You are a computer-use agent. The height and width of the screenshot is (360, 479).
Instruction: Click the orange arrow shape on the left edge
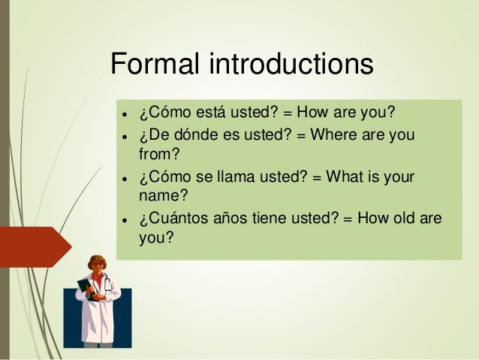[x=34, y=247]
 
